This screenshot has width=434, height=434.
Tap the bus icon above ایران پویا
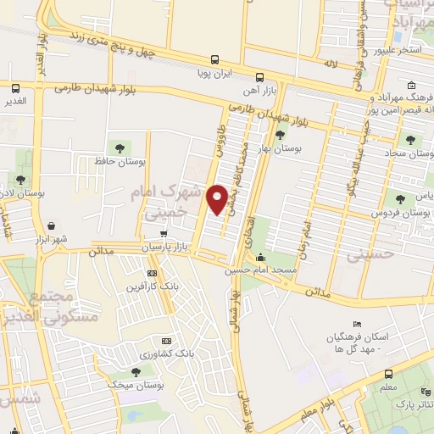(x=215, y=60)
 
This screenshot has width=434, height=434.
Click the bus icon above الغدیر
(x=16, y=88)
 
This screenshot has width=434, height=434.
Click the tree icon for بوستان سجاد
(x=411, y=139)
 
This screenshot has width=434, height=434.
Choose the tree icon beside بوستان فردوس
(x=411, y=199)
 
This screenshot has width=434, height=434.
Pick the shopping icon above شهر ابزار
(x=53, y=226)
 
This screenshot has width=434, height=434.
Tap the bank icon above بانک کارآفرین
(x=152, y=273)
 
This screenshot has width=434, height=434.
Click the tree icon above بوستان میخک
(x=136, y=371)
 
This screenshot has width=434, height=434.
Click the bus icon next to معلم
(x=388, y=374)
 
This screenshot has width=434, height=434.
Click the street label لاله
(x=330, y=63)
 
